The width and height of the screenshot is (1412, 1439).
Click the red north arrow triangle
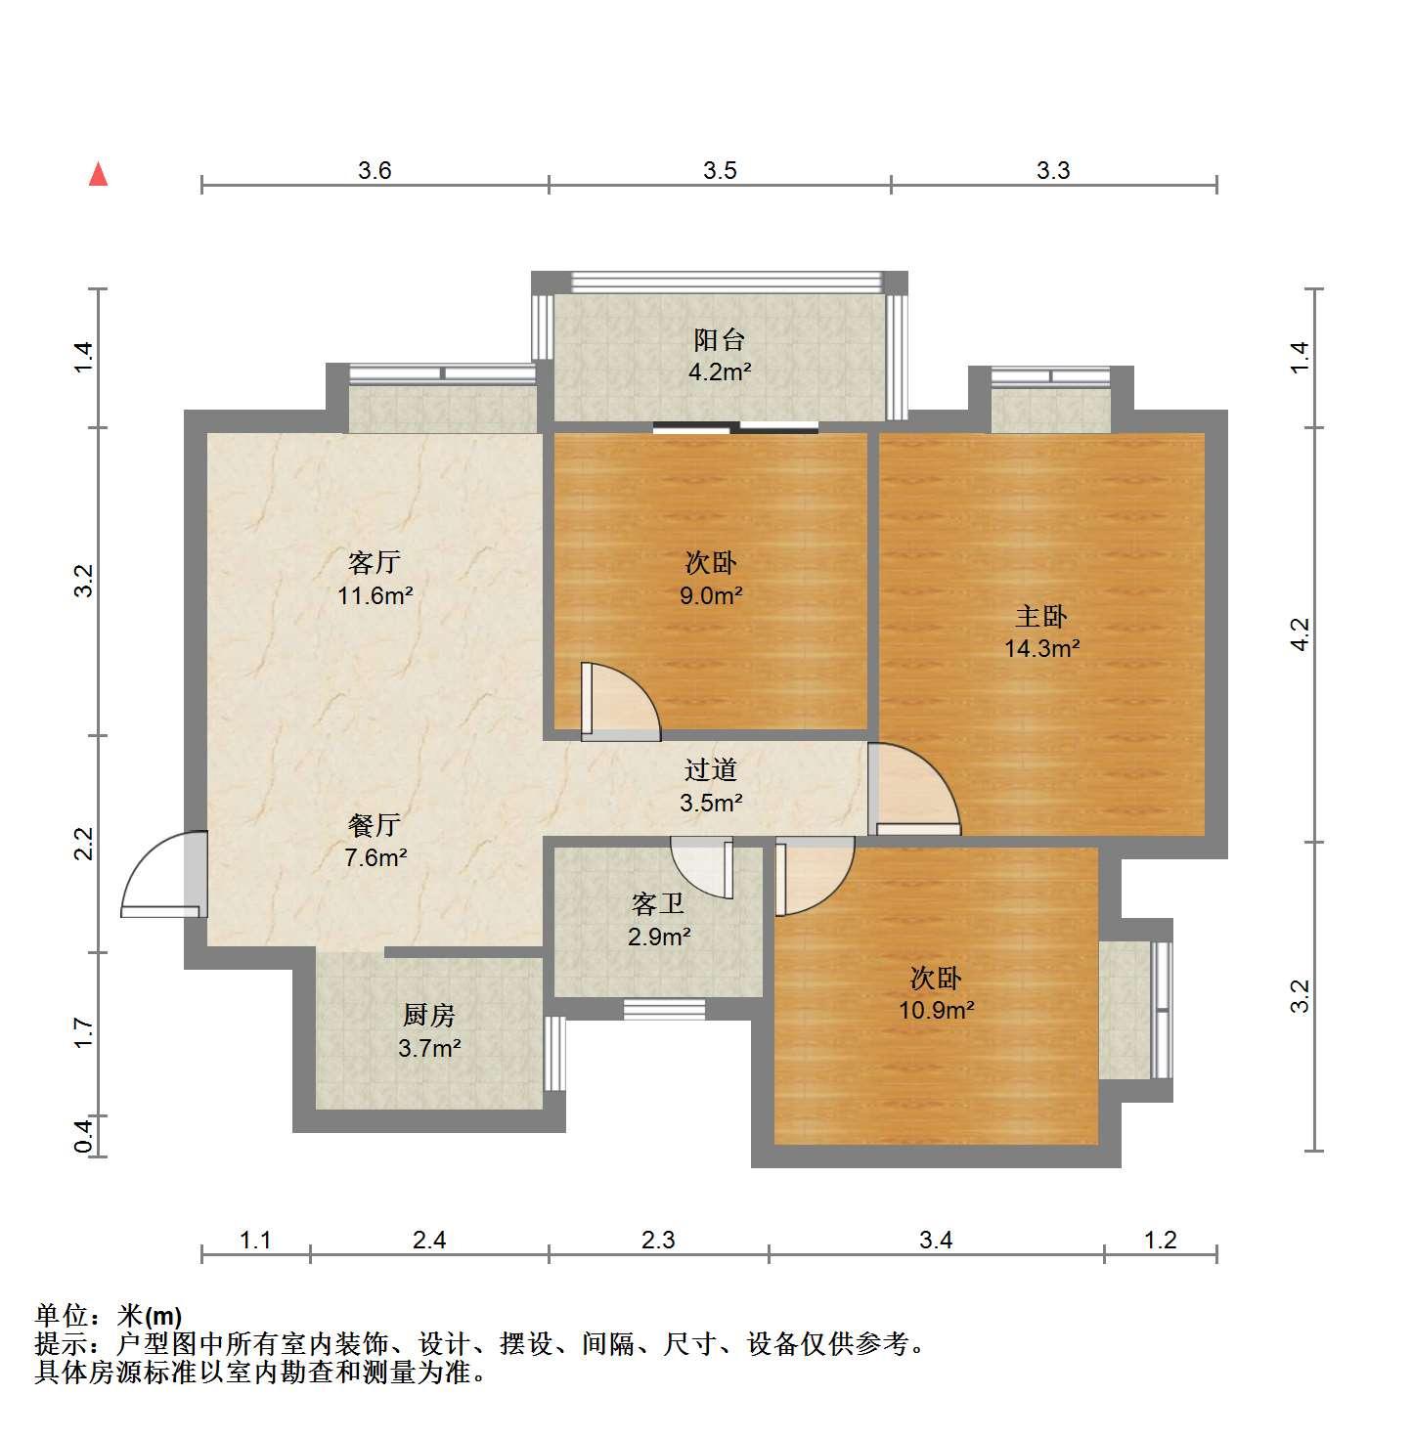[x=99, y=174]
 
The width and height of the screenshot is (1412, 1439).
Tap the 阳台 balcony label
[x=719, y=340]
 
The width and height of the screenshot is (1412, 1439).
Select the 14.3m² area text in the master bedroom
[x=1041, y=648]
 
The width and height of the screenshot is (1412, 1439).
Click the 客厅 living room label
[x=374, y=562]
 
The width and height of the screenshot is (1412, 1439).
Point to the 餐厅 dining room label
[x=374, y=824]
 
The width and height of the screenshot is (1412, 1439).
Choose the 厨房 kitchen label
[x=429, y=1015]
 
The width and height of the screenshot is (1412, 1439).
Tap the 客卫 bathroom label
[x=657, y=904]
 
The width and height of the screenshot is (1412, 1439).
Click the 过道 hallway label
[x=711, y=770]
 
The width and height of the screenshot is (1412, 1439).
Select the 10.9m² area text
[x=936, y=1011]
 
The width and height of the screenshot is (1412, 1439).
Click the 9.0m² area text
[x=711, y=596]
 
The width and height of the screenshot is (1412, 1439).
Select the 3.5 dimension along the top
[x=720, y=170]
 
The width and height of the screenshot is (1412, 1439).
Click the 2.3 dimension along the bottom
[x=657, y=1240]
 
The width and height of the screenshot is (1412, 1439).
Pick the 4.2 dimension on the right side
[x=1300, y=634]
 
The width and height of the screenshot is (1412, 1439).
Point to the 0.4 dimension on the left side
[x=84, y=1136]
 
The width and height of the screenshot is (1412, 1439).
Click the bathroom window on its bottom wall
[x=664, y=1010]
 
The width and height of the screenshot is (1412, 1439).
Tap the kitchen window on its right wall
[x=554, y=1054]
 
